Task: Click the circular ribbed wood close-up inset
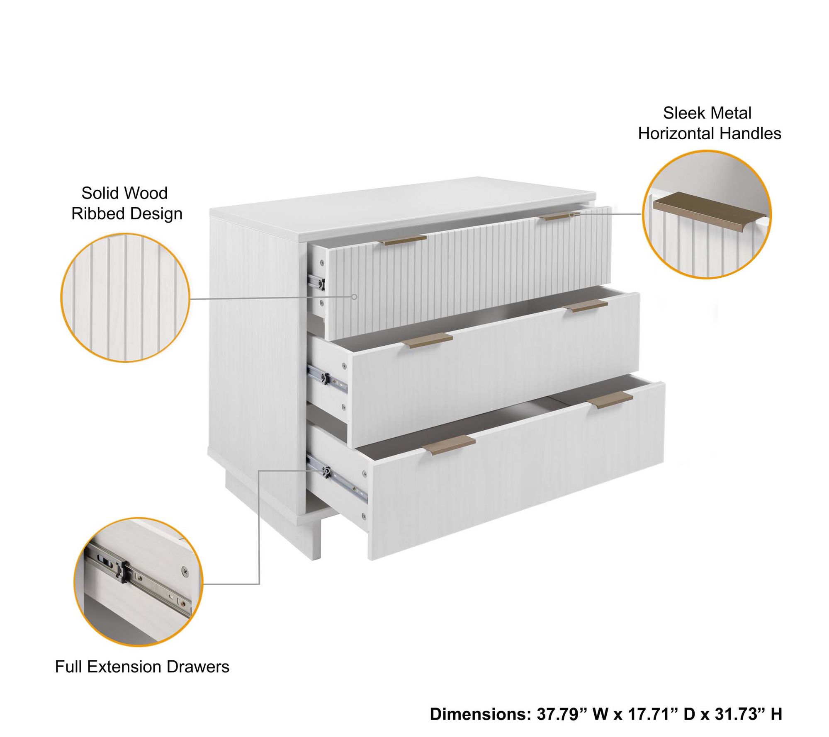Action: [x=125, y=297]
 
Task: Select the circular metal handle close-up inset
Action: [x=707, y=214]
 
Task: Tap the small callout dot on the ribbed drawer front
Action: [x=354, y=297]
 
